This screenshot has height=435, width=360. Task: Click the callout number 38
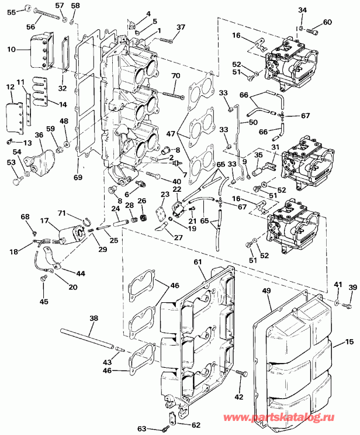coord(94,319)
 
